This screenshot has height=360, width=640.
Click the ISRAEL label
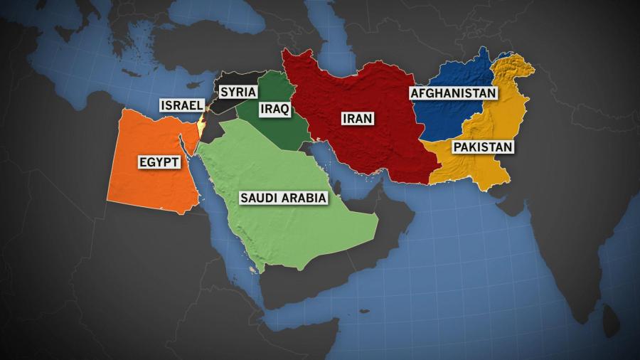click(x=179, y=105)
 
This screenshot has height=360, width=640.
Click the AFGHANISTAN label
click(x=452, y=93)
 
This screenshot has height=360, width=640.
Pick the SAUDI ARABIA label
click(x=284, y=198)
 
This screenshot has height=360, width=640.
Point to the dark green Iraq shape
click(x=284, y=132)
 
